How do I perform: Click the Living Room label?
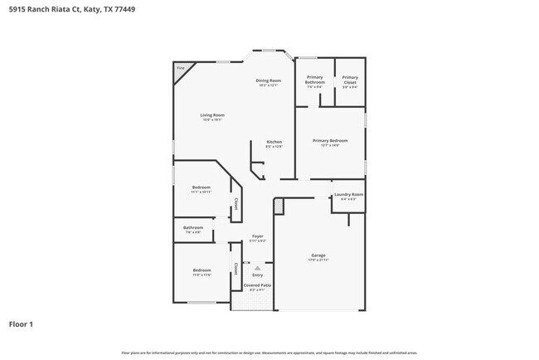click(212, 115)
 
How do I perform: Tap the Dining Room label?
click(269, 80)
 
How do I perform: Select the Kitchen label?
click(274, 142)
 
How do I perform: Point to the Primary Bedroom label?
click(330, 140)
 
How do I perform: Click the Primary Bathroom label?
click(315, 80)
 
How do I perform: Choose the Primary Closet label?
click(350, 80)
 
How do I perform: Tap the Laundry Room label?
click(348, 195)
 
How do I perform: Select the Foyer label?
click(258, 237)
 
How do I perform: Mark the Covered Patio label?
click(257, 285)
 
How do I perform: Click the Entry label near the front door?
click(257, 275)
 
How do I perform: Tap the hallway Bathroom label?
click(193, 227)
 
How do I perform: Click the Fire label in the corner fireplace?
click(181, 68)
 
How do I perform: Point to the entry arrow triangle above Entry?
click(257, 268)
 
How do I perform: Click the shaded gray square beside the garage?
click(279, 204)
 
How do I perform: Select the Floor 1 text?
click(21, 324)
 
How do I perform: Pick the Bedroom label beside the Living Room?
click(202, 187)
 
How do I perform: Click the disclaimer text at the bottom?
click(269, 352)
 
